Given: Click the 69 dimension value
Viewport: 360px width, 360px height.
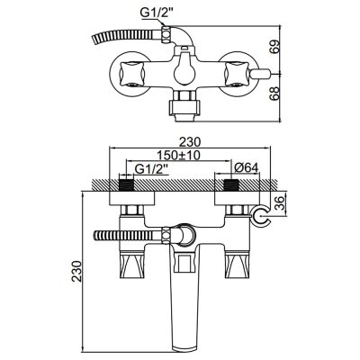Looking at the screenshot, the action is point(275,47).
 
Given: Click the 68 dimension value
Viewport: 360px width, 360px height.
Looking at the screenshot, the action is point(275,94).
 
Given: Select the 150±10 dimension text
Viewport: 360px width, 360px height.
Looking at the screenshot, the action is point(179,155).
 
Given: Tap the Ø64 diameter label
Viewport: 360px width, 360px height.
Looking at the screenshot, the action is point(246,168).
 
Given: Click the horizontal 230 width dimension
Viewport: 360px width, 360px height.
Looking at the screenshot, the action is point(190,141).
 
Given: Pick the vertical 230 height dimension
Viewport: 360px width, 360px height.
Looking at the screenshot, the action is point(77,271).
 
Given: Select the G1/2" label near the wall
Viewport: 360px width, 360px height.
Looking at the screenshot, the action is point(151,169).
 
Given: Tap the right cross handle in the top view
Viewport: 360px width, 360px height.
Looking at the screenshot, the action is point(236,75).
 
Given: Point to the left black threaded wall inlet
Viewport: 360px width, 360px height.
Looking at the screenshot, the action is point(126,185).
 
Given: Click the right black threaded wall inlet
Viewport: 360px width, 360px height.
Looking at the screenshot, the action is point(231,185).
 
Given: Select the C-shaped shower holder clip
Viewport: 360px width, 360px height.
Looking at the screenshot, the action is point(261,216).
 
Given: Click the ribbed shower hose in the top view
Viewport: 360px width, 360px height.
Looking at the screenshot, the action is point(126,35).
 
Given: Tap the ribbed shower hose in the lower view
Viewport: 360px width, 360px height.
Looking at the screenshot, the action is point(128,235).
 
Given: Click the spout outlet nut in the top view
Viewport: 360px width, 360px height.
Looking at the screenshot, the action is point(184,107).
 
